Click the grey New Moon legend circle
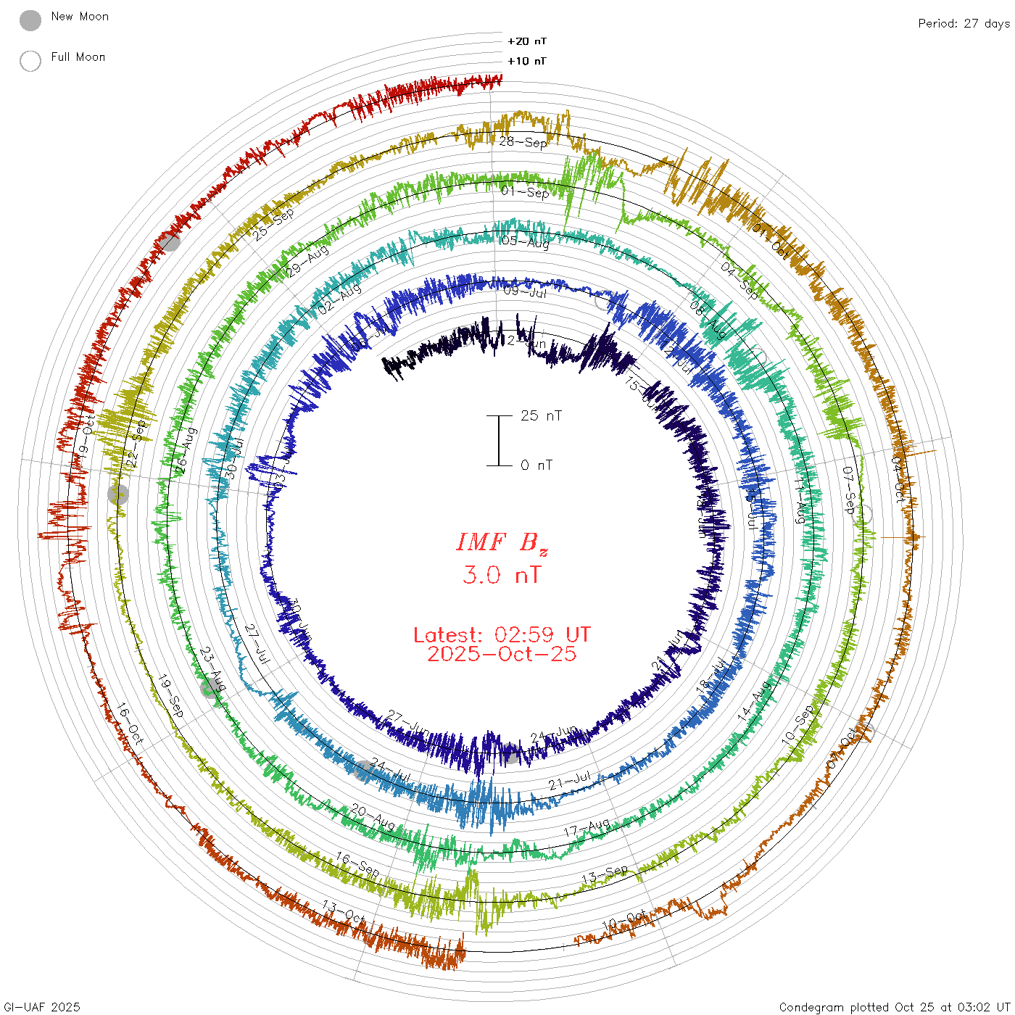click(x=30, y=21)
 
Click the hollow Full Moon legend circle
click(x=30, y=61)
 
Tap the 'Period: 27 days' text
click(x=964, y=24)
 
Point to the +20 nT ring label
click(x=527, y=41)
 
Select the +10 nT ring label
click(x=527, y=61)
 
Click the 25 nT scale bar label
click(x=541, y=415)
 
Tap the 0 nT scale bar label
click(x=536, y=465)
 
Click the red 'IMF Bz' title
click(x=502, y=542)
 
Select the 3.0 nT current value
click(x=502, y=576)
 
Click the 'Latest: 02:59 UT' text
click(x=502, y=635)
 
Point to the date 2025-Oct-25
click(x=502, y=654)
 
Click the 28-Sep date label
click(x=523, y=142)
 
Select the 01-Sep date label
click(x=525, y=192)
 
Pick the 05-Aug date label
click(x=525, y=242)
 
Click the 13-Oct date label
click(x=343, y=912)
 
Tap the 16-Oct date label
click(x=130, y=724)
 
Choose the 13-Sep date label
click(x=605, y=875)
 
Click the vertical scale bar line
click(x=499, y=441)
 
